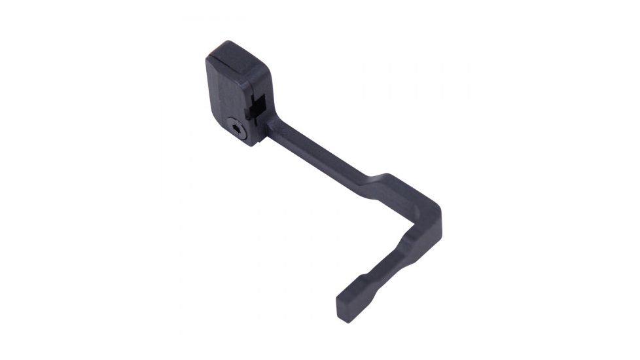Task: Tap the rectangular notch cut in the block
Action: point(257,105)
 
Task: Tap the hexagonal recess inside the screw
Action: point(239,132)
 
